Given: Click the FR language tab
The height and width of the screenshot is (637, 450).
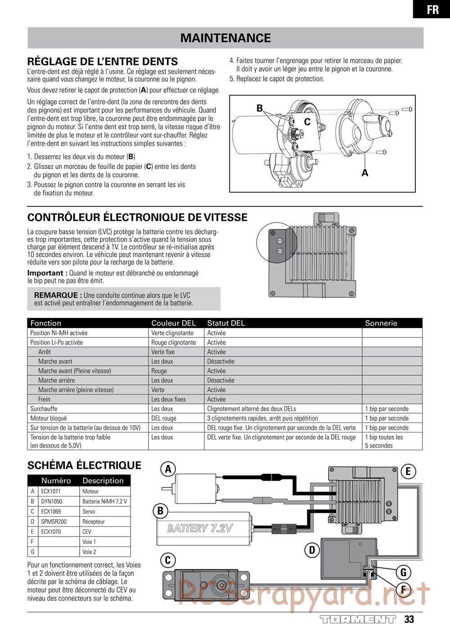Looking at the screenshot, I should pyautogui.click(x=432, y=9).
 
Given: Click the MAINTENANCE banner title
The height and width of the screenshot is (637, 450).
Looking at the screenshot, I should pyautogui.click(x=225, y=38).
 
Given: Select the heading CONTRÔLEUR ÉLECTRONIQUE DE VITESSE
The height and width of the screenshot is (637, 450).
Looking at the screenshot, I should pyautogui.click(x=137, y=218).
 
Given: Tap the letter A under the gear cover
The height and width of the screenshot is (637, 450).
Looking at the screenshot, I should pyautogui.click(x=365, y=173).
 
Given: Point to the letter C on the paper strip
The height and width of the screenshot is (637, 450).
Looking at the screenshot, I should pyautogui.click(x=307, y=122).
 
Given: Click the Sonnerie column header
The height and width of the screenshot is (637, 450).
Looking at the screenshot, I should pyautogui.click(x=381, y=323).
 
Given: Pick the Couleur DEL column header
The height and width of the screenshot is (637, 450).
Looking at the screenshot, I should pyautogui.click(x=173, y=323).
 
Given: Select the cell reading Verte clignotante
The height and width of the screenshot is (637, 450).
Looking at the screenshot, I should pyautogui.click(x=172, y=333).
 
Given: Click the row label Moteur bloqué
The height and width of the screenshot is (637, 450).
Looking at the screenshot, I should pyautogui.click(x=48, y=418).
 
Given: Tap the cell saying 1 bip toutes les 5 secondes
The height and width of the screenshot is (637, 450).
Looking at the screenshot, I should pyautogui.click(x=384, y=441).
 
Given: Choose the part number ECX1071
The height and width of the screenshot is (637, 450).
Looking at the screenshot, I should pyautogui.click(x=51, y=491).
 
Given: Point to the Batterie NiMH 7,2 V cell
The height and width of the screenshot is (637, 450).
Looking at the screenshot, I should pyautogui.click(x=104, y=501).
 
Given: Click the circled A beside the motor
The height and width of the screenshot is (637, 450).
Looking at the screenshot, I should pyautogui.click(x=168, y=469).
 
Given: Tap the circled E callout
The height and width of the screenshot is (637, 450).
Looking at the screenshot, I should pyautogui.click(x=408, y=472).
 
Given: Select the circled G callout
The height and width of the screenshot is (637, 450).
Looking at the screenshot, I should pyautogui.click(x=403, y=573).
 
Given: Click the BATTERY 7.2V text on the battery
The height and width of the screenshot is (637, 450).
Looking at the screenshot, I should pyautogui.click(x=200, y=528).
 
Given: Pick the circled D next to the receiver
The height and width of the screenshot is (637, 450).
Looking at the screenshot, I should pyautogui.click(x=312, y=550).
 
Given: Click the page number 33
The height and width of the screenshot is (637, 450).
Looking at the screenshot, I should pyautogui.click(x=409, y=619).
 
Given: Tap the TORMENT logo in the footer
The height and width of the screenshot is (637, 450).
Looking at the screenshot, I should pyautogui.click(x=358, y=619).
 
